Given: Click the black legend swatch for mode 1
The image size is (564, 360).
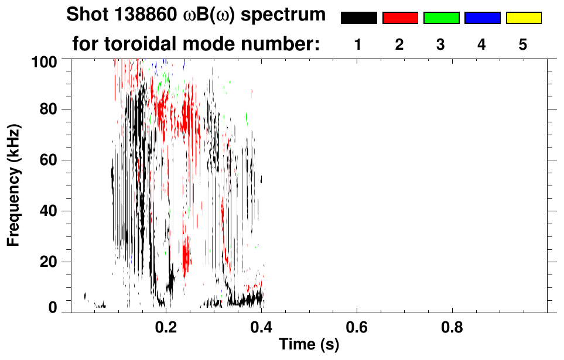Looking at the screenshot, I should click(358, 18).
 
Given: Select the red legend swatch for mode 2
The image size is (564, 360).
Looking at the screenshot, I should click(400, 18).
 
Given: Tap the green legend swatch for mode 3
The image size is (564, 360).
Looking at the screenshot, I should click(441, 18).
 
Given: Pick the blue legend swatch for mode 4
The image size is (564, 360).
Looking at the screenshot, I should click(482, 18).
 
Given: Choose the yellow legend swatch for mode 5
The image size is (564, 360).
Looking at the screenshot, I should click(523, 18).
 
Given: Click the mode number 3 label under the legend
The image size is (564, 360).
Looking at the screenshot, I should click(441, 45).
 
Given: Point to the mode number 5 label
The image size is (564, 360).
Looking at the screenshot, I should click(523, 45).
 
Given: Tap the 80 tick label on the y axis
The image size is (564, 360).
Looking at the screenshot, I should click(53, 109).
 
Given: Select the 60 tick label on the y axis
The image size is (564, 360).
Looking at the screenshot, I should click(53, 160).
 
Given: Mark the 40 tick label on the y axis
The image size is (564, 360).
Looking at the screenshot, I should click(53, 211).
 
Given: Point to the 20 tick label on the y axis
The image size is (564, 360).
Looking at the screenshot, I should click(53, 262).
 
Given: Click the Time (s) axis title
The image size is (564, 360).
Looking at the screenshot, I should click(308, 345).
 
